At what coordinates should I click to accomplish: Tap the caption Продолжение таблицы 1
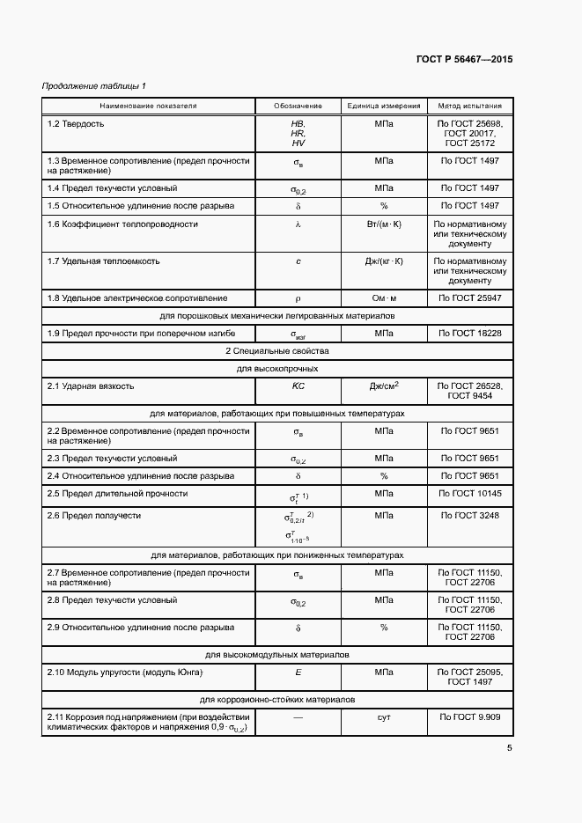click(94, 85)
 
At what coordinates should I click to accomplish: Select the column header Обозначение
click(298, 106)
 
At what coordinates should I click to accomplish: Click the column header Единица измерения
click(384, 106)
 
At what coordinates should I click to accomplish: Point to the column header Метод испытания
click(470, 106)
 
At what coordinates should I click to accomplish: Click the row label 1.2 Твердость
click(76, 123)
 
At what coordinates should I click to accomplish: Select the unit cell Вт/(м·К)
click(384, 224)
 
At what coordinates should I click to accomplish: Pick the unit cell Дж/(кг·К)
click(384, 261)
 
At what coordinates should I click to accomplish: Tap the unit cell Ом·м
click(384, 298)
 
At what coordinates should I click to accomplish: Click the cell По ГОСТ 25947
click(470, 298)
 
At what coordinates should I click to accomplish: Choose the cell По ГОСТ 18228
click(470, 334)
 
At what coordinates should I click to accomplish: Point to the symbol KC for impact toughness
click(298, 386)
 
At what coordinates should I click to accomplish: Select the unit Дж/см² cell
click(384, 386)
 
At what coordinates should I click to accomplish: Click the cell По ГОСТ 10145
click(470, 493)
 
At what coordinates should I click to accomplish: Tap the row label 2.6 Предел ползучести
click(93, 516)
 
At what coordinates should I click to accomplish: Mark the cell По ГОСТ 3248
click(470, 516)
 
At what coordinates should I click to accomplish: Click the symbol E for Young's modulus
click(298, 673)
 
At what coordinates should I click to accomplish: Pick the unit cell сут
click(384, 717)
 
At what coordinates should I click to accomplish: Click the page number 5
click(510, 749)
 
